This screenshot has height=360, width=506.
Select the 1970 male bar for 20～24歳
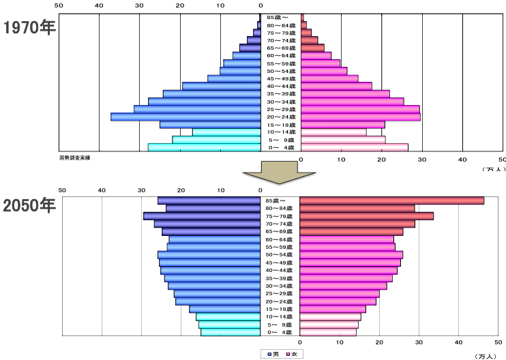[185, 117]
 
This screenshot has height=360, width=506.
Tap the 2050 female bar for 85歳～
[391, 200]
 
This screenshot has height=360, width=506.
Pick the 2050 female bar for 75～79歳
[366, 216]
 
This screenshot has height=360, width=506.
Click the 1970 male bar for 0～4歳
[204, 147]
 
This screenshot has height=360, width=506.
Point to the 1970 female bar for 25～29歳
[360, 109]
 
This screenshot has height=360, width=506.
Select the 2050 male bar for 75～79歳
[202, 216]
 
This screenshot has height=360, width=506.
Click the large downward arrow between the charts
[280, 173]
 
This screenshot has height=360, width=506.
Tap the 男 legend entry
[273, 354]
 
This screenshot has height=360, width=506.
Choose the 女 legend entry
[294, 354]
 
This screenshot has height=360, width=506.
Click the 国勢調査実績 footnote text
[75, 157]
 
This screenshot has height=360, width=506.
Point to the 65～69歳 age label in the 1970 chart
[280, 48]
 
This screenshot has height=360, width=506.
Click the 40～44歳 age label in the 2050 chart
[280, 271]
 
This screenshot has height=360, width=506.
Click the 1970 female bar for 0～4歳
[354, 147]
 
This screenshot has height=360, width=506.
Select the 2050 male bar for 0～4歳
[230, 332]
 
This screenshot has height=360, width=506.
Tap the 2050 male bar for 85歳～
[209, 200]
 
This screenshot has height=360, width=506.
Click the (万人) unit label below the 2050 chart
[486, 355]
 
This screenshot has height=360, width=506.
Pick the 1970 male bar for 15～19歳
[210, 125]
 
